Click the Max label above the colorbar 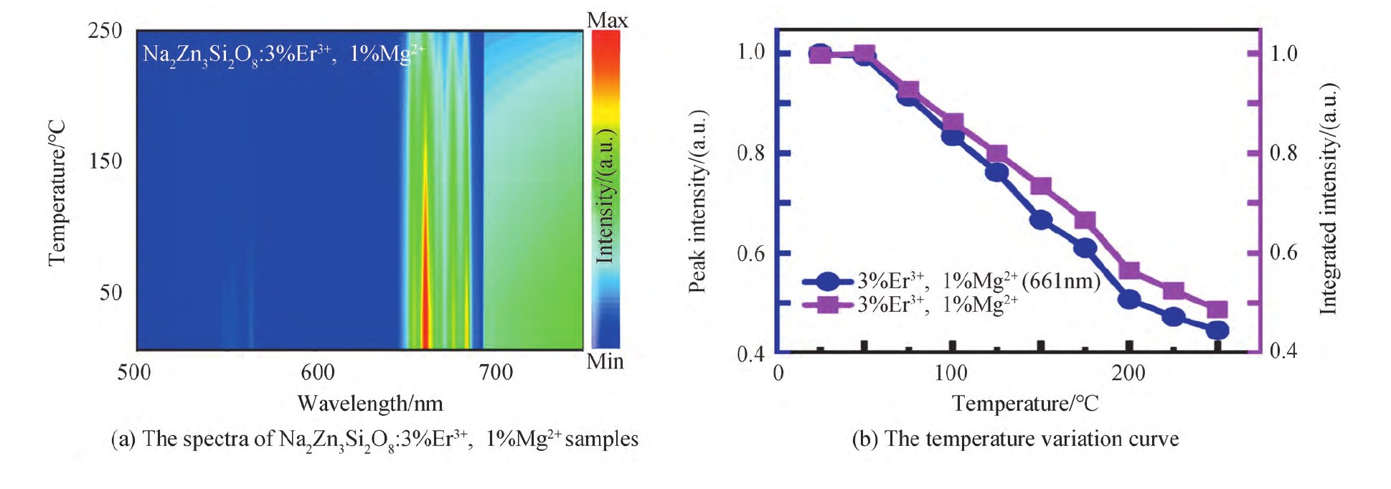(x=607, y=20)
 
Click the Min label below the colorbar (x=605, y=361)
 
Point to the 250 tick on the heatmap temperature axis (x=105, y=31)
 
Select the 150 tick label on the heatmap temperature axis (x=105, y=161)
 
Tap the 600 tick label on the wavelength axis (x=317, y=373)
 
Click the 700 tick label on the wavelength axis (x=496, y=373)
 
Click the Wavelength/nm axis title (x=370, y=403)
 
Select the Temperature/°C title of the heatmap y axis (x=57, y=192)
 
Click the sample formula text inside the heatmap (x=283, y=54)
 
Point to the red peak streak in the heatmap (x=425, y=287)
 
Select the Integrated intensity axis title (x=1329, y=199)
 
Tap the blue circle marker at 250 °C (x=1217, y=331)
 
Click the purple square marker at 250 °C (x=1217, y=310)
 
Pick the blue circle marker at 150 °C (x=1042, y=220)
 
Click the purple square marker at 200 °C (x=1130, y=270)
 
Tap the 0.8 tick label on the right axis (x=1283, y=153)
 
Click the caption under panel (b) (x=1014, y=439)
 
